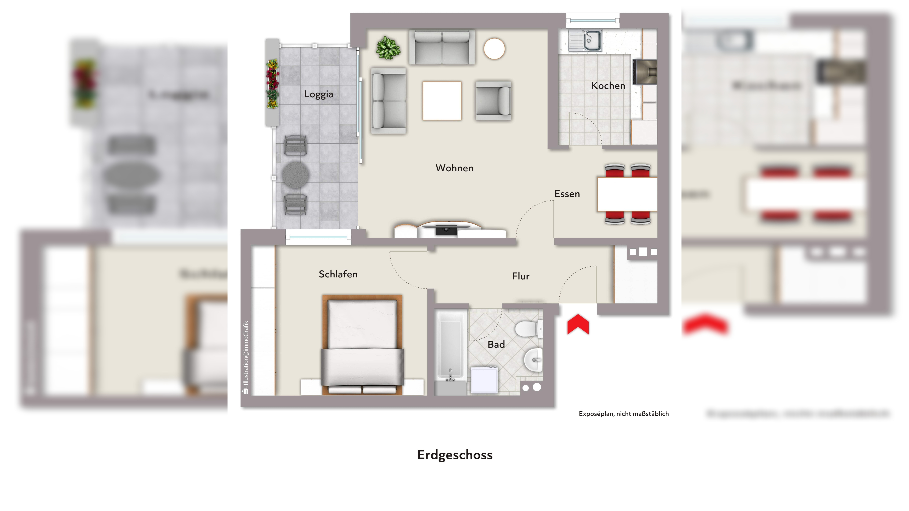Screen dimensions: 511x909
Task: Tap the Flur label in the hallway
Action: (521, 276)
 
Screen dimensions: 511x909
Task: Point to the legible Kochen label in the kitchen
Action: (608, 86)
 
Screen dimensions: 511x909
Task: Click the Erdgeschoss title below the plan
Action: (454, 455)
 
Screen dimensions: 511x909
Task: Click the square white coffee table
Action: (442, 101)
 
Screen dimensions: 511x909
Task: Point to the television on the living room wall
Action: (446, 230)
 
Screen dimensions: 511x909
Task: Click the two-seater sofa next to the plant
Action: (442, 47)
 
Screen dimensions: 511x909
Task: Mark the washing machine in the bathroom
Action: (485, 380)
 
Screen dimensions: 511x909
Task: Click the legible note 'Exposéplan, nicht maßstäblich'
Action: (624, 414)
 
